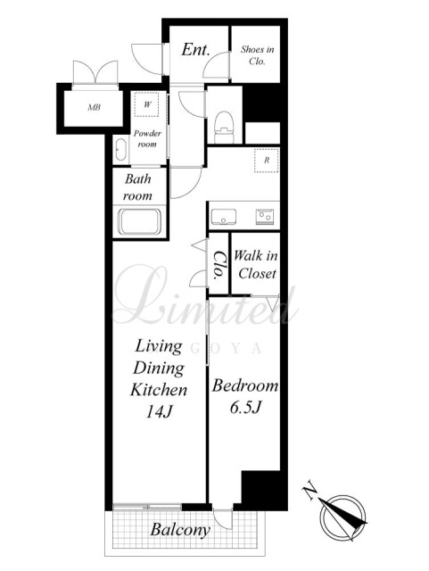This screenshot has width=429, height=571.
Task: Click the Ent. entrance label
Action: coord(195,50)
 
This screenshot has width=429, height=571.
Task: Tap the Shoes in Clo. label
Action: coord(257,55)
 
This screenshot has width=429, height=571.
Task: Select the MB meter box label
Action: coord(94,107)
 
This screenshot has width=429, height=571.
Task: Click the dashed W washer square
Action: coord(147,104)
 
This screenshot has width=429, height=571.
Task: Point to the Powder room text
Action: coord(147,139)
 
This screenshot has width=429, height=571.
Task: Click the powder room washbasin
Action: coord(120,151)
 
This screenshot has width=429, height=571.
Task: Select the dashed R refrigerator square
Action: coord(267,161)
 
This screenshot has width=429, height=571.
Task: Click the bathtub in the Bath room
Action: coord(140,221)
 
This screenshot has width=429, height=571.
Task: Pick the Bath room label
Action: coord(137,187)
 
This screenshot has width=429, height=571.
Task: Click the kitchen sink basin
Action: coord(224,216)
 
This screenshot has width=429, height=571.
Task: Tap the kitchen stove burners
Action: coord(265,216)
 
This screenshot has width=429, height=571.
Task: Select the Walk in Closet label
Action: coord(256,265)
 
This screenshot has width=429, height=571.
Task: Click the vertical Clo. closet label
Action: coord(219,265)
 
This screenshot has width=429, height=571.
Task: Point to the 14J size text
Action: coord(159,412)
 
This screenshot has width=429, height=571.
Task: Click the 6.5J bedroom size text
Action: coord(245,408)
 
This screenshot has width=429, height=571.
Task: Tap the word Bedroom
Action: coord(245,385)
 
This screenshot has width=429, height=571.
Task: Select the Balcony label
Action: coord(180,530)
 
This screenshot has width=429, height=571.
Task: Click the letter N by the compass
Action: coord(310,492)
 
